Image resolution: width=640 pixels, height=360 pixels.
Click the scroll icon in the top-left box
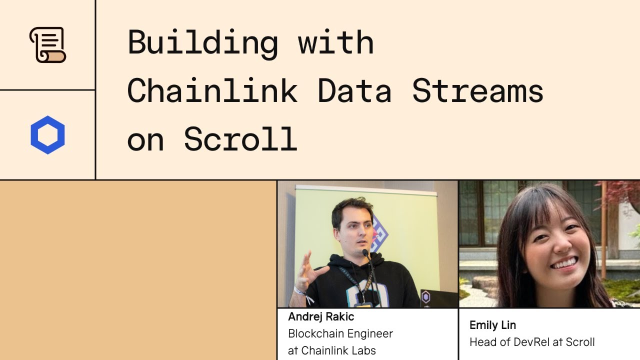coord(47,45)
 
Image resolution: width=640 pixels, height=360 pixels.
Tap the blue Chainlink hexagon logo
coord(47,135)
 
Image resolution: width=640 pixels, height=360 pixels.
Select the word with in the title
coord(335,42)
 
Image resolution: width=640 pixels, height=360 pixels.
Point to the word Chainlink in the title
coord(212,91)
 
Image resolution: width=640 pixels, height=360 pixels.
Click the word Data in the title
coord(354,91)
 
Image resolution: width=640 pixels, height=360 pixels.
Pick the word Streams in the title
coord(477,91)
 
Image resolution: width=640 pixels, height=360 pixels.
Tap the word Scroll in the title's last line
coord(240,138)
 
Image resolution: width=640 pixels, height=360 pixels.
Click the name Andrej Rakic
coord(321,316)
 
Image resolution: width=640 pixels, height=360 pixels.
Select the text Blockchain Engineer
coord(340,333)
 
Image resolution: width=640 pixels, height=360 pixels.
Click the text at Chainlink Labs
coord(331,350)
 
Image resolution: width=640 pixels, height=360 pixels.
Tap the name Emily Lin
coord(492,325)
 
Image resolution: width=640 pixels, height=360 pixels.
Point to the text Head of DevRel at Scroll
coord(532,342)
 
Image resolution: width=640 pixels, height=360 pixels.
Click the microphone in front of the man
coord(365,253)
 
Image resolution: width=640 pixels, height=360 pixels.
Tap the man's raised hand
coord(307,272)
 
